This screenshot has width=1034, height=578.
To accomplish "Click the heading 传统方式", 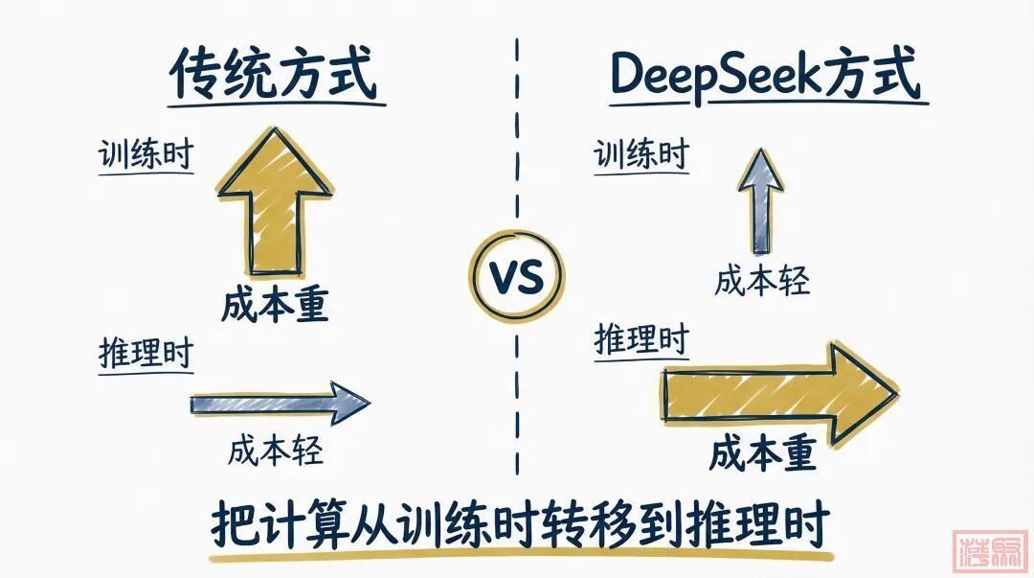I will [275, 75].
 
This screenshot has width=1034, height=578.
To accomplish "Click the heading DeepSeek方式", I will [765, 75].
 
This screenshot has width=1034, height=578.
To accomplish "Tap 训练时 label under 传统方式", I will [146, 155].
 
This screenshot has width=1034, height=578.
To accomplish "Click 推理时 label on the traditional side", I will [146, 354].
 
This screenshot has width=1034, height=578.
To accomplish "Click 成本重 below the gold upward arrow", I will [275, 305].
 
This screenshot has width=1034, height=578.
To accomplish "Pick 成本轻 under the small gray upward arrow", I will [762, 281].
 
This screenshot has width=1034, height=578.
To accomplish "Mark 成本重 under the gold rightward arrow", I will [762, 452].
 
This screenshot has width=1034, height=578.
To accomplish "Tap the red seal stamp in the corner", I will [990, 549].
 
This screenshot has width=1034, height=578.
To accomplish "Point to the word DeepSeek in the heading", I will [709, 75].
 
